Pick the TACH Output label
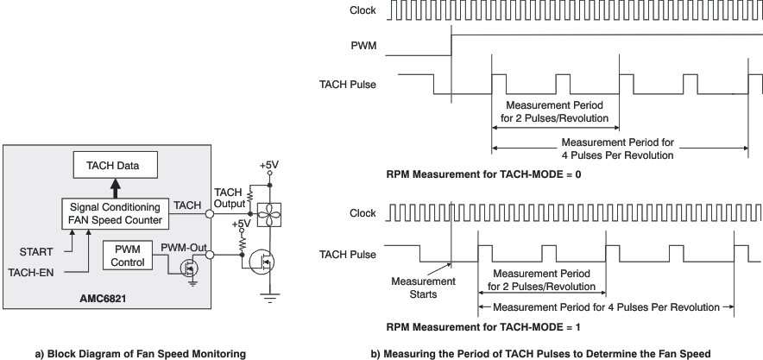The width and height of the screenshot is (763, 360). [230, 197]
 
